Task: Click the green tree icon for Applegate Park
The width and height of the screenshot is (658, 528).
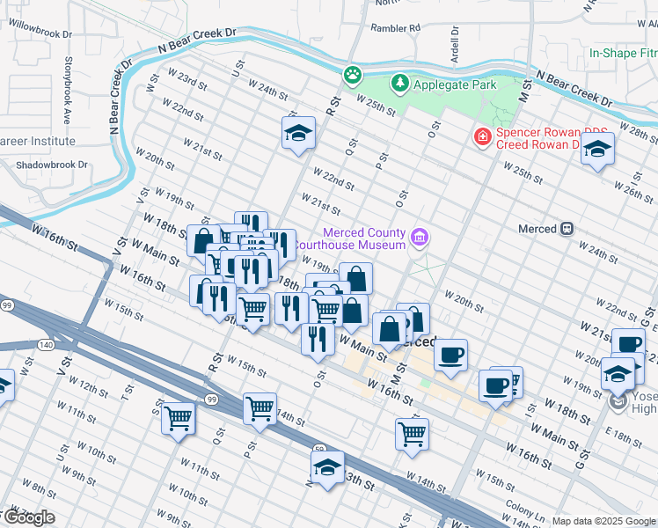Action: coord(400,84)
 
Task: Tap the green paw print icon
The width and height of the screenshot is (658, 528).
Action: coord(353,75)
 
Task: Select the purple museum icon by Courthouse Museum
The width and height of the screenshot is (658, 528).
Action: coord(420,237)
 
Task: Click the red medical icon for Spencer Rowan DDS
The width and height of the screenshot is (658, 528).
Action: coord(481,137)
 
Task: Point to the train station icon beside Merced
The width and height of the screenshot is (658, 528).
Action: coord(567,229)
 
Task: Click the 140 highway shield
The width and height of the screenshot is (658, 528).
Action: coord(46,345)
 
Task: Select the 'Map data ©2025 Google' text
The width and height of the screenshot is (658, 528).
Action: coord(603,521)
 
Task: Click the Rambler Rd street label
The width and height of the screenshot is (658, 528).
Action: coord(395,27)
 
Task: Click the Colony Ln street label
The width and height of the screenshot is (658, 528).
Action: coord(526,510)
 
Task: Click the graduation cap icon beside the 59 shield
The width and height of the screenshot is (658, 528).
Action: coord(326,467)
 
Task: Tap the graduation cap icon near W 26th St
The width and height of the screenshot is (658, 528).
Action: coord(597,149)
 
